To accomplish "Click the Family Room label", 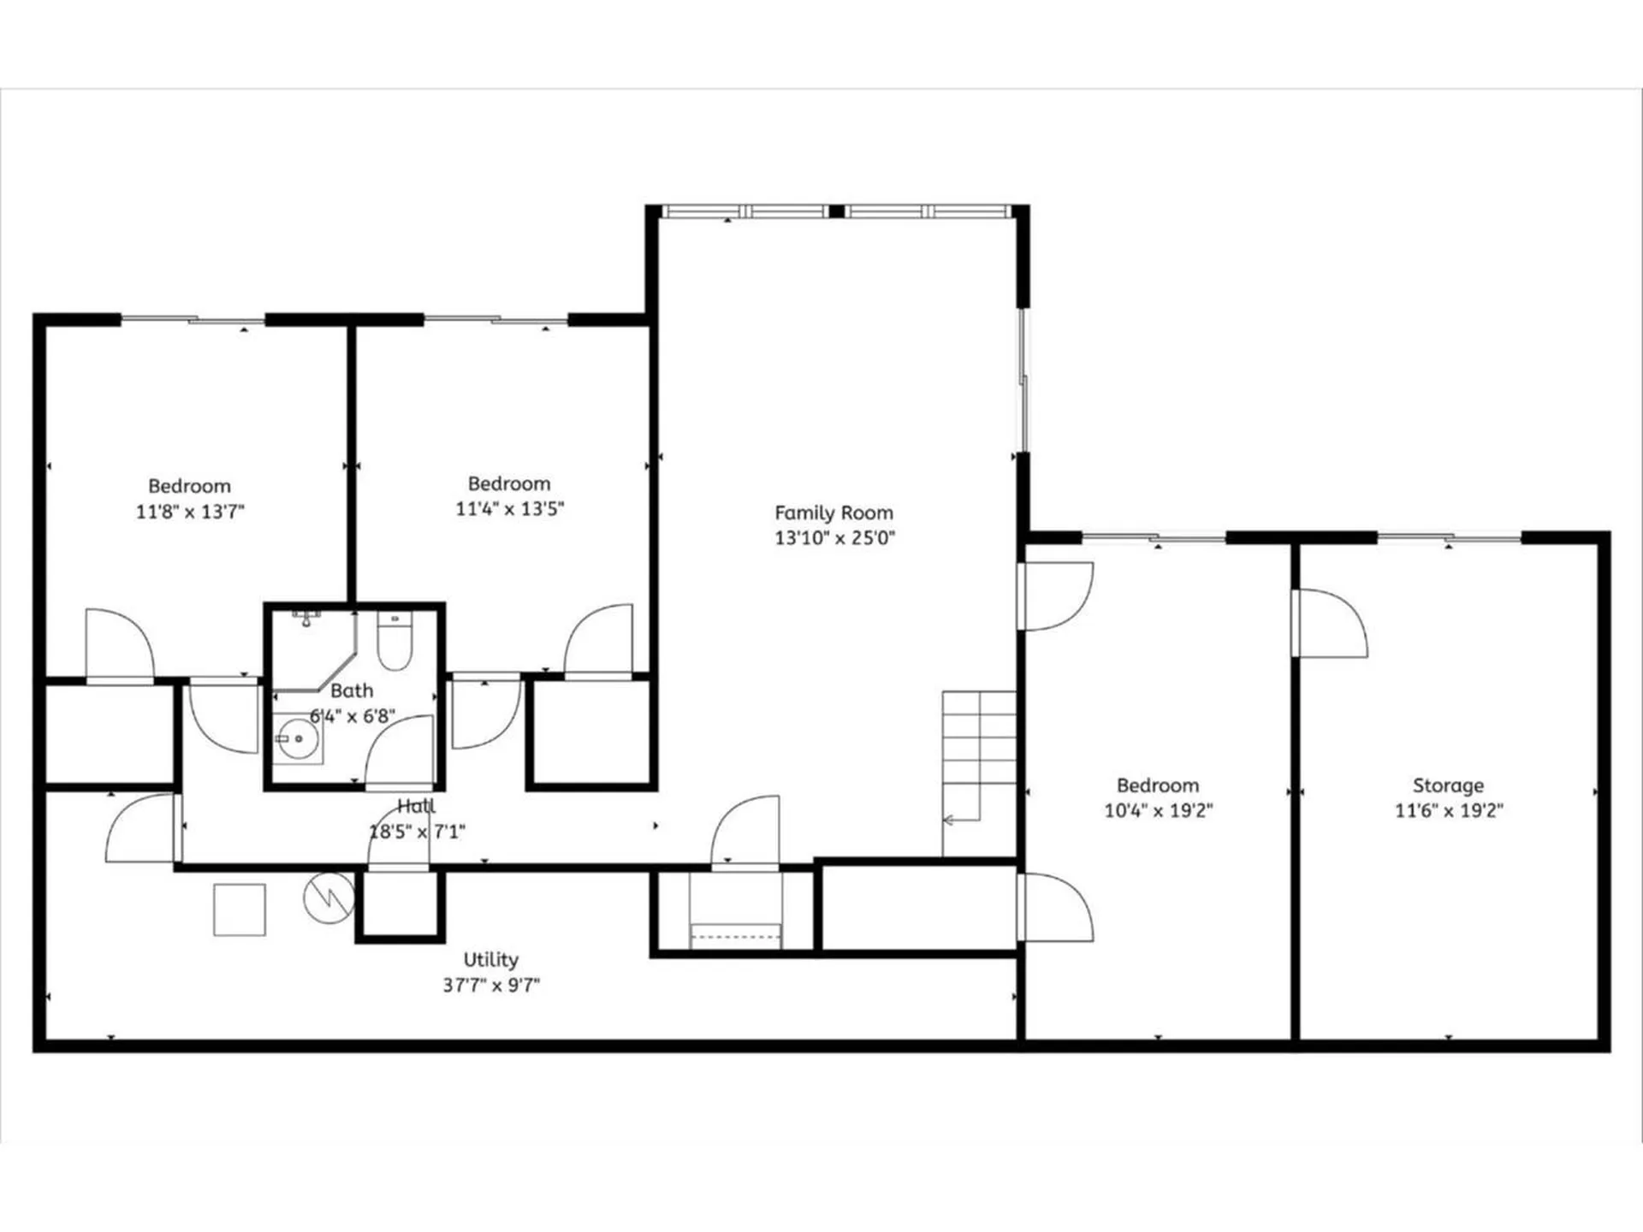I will click(833, 512).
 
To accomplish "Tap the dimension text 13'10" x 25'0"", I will click(834, 538).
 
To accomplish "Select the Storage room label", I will click(1448, 785).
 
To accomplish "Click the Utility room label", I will click(490, 959).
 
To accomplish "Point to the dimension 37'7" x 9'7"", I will click(490, 985).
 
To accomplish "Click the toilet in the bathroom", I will click(394, 642).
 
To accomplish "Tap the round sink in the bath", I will click(298, 737).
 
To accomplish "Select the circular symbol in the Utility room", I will click(329, 897).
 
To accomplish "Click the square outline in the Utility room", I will click(240, 909).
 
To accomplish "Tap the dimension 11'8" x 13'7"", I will click(190, 512).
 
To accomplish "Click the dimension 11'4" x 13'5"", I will click(509, 509).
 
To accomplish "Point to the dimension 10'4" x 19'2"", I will click(1158, 810).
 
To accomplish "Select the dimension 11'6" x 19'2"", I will click(1449, 810).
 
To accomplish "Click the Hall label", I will click(416, 806).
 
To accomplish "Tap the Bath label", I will click(352, 690).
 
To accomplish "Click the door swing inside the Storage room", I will click(1331, 623).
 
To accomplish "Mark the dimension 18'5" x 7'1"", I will click(417, 832).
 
